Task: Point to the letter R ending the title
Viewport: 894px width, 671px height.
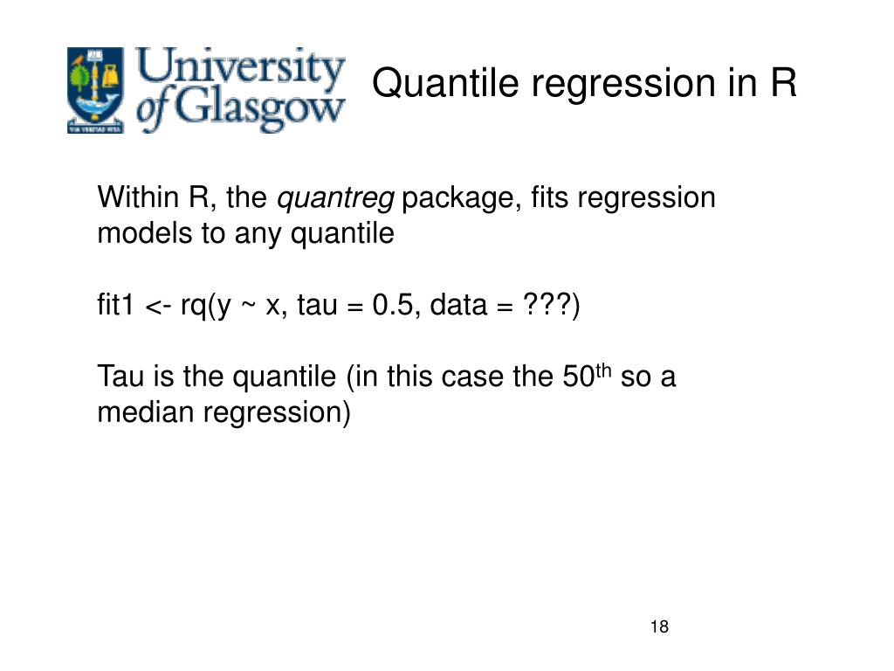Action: pos(783,84)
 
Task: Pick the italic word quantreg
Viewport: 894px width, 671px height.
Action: pos(336,199)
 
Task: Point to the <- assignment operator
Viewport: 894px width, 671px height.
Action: pos(158,307)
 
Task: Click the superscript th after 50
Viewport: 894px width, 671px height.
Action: pos(603,370)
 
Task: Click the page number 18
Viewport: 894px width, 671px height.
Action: pos(659,627)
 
